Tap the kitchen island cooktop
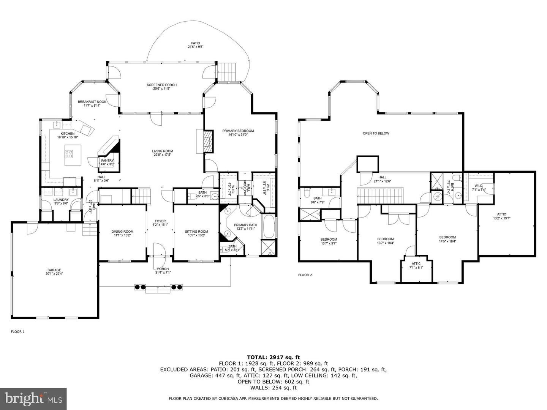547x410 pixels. pos(70,154)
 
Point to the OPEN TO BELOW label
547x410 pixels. pos(376,133)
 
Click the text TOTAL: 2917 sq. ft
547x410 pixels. pos(273,357)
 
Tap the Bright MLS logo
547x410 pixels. pos(33,399)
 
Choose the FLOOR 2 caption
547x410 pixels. pos(305,275)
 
